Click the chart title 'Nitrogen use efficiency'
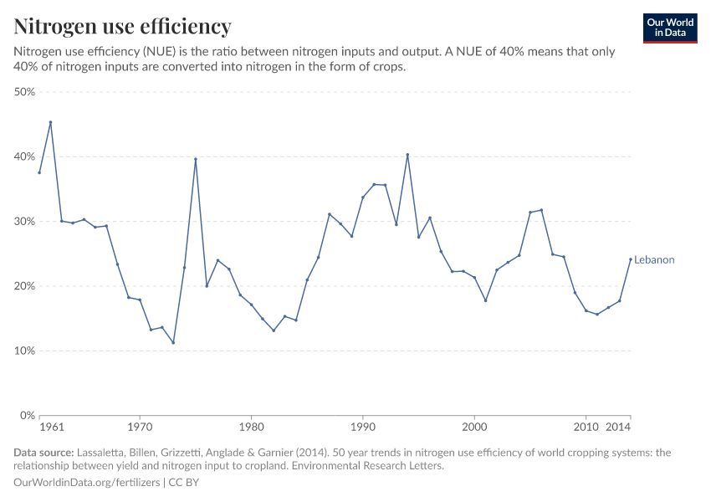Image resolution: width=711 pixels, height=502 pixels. (123, 27)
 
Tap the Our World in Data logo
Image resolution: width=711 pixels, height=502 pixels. (669, 28)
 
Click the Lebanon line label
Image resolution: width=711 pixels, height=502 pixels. (654, 260)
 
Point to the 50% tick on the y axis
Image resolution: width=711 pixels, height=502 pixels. (24, 92)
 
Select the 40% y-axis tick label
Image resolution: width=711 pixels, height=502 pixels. (24, 157)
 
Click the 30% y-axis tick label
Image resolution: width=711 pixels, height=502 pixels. (24, 222)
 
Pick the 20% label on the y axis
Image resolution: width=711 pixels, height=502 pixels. (24, 286)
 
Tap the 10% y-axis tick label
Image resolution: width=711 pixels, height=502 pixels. (24, 351)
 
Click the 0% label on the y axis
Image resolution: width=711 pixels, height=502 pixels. (28, 416)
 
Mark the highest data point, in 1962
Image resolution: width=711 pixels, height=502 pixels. (50, 122)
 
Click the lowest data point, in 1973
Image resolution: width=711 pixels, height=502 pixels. (173, 343)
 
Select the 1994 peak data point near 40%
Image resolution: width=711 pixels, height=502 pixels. (407, 155)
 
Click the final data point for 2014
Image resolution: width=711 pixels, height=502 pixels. (631, 259)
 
